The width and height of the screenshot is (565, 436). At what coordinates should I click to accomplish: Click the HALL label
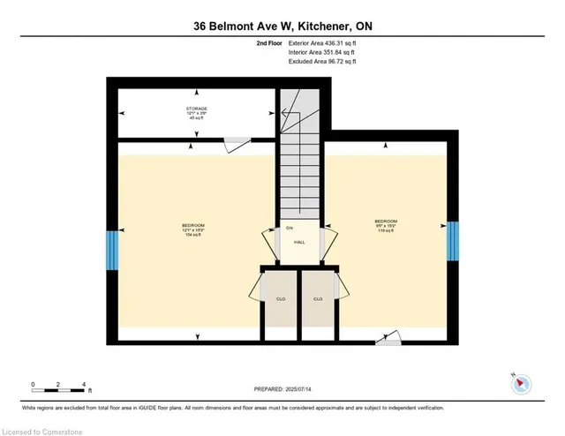click(299, 241)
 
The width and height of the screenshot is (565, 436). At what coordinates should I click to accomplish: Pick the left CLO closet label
click(279, 299)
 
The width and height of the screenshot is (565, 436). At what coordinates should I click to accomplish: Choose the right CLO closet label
click(319, 299)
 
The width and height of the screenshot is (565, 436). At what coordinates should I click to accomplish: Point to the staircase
click(299, 168)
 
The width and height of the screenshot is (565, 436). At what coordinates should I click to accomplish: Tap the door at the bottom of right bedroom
click(388, 337)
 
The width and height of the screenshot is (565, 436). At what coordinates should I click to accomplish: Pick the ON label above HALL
click(289, 229)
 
